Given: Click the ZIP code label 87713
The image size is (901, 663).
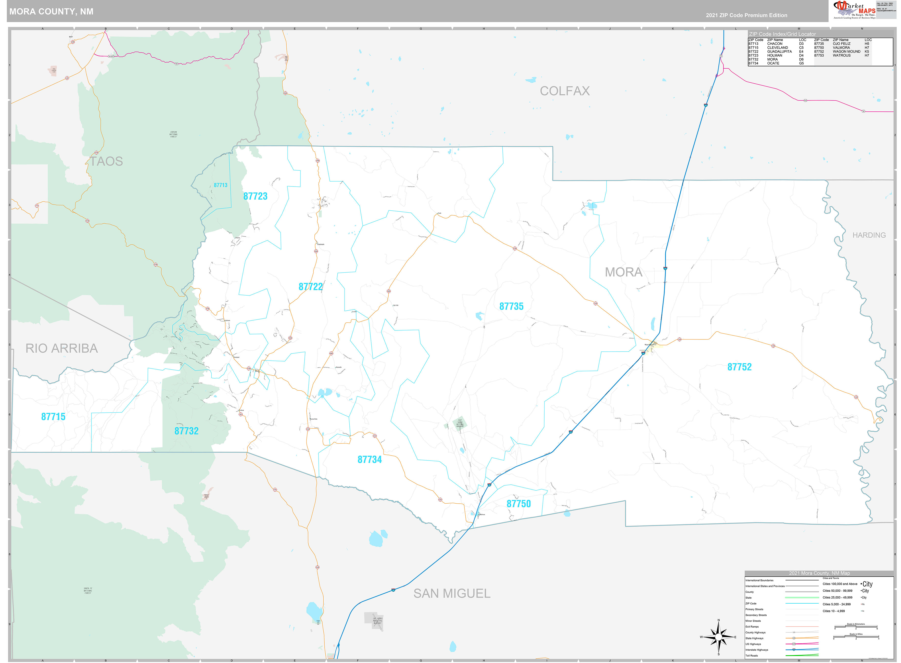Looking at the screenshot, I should point(220,185).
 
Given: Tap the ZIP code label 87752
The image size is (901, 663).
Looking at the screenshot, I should point(739,367).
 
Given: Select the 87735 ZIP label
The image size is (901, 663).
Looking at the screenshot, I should point(511,306).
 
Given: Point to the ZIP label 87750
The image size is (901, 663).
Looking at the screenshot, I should point(518,504).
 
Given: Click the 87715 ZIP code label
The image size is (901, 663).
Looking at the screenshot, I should point(53,417).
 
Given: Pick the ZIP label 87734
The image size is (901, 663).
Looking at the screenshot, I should point(370,460).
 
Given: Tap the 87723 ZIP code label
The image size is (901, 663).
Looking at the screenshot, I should point(255,196).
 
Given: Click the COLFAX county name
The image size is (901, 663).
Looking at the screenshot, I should point(565,91).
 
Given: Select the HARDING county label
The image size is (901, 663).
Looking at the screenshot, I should point(869,235).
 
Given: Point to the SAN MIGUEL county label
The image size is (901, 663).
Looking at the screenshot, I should point(452,593).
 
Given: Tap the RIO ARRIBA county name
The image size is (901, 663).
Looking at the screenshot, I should point(62,348).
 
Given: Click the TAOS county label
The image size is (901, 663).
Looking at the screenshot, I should point(106,161).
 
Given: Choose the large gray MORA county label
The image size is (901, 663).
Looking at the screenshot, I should point(623,272).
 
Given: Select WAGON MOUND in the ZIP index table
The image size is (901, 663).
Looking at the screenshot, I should point(846,51).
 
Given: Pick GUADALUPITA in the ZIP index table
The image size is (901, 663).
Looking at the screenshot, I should point(779,51).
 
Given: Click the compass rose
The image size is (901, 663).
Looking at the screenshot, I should point(718,636).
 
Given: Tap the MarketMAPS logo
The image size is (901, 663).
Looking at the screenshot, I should point(854,10).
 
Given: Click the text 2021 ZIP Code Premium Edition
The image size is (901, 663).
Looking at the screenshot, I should point(746,15).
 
